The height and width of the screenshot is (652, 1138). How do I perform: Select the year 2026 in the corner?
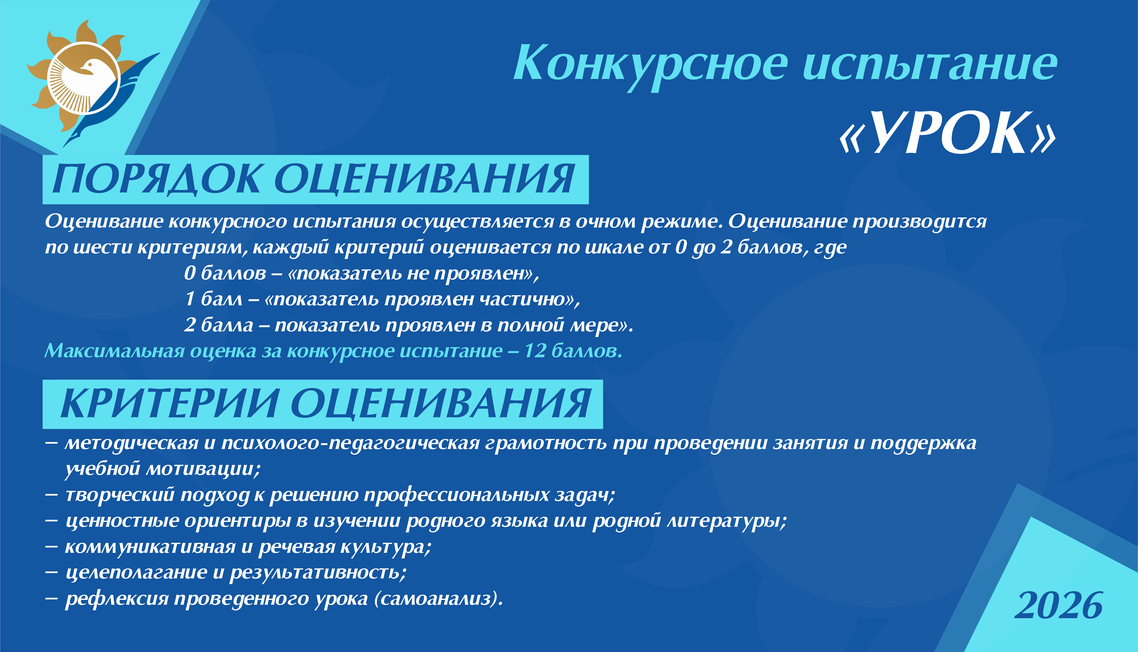pyautogui.click(x=1059, y=605)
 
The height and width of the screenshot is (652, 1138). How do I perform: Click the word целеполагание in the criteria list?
pyautogui.click(x=136, y=573)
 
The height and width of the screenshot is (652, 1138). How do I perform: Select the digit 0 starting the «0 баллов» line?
pyautogui.click(x=189, y=273)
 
